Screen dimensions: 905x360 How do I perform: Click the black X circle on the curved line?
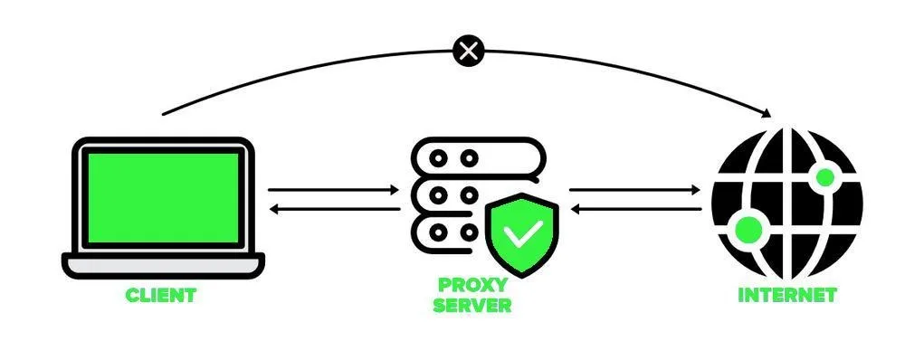click(x=469, y=52)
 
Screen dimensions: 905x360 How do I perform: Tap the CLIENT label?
click(x=161, y=295)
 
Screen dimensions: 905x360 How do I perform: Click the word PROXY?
click(x=472, y=284)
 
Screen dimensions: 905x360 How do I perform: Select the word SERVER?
click(x=472, y=305)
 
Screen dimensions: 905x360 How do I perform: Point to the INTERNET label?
click(x=787, y=295)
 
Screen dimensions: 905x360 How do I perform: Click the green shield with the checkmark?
click(x=522, y=233)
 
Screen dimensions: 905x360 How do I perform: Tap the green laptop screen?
click(x=163, y=198)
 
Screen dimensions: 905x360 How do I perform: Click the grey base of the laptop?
click(x=163, y=266)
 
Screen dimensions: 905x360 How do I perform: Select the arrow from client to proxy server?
click(x=334, y=189)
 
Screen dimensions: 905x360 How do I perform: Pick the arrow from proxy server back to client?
click(x=336, y=209)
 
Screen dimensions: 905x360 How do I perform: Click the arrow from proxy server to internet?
click(x=635, y=189)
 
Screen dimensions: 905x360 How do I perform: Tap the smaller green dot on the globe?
click(x=825, y=177)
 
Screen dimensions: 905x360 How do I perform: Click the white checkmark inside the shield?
click(x=522, y=232)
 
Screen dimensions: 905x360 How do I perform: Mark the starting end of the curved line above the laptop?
click(x=163, y=114)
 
